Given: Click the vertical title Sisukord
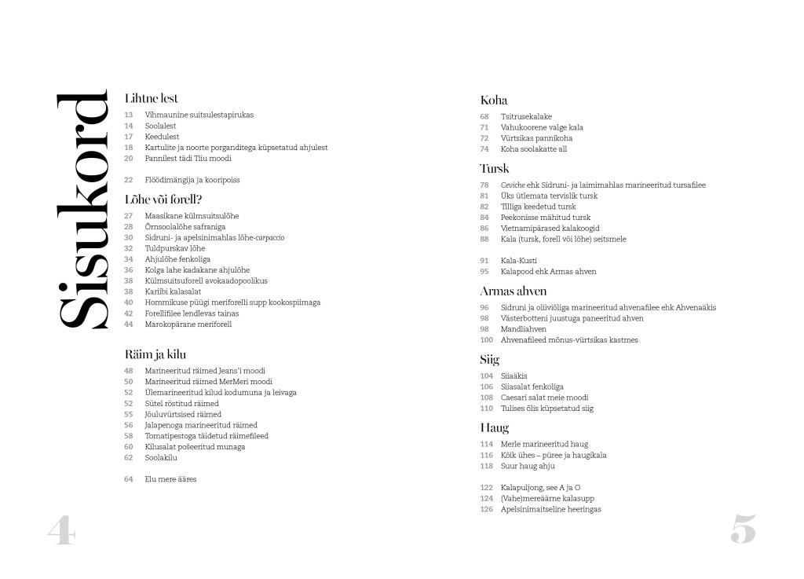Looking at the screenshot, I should click(82, 210).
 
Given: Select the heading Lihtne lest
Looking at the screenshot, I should click(152, 98).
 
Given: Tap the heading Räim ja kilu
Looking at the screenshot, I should click(155, 354).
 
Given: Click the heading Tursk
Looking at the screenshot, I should click(495, 168).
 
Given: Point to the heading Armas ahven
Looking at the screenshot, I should click(513, 291).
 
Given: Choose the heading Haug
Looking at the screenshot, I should click(495, 427).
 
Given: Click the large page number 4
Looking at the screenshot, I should click(61, 530).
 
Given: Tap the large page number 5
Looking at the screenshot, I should click(743, 530).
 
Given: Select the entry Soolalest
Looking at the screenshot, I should click(161, 126).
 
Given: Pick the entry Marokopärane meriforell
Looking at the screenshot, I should click(188, 324).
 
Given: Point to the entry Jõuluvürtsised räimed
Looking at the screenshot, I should click(183, 414).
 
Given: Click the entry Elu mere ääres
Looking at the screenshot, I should click(170, 478).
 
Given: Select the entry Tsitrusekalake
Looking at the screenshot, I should click(526, 116).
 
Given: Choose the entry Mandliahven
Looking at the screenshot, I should click(523, 329).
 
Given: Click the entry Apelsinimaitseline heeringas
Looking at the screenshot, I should click(550, 509).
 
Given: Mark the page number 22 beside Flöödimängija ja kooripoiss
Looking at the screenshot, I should click(129, 180).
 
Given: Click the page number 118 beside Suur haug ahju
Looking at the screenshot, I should click(486, 466).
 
